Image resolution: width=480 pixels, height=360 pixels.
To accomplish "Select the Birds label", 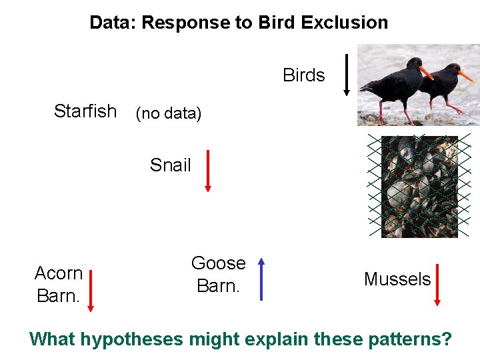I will click(x=304, y=75).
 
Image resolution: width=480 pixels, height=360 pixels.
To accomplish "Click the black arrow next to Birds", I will click(x=346, y=75).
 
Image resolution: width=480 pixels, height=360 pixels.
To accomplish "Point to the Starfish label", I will click(x=85, y=111).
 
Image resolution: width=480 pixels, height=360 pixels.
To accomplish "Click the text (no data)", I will click(x=168, y=113).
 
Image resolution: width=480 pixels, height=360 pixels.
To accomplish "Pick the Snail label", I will click(x=170, y=165).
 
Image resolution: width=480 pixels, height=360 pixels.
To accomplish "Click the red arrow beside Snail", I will click(x=208, y=171).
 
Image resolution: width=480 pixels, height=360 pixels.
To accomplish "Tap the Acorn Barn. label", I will click(x=59, y=284).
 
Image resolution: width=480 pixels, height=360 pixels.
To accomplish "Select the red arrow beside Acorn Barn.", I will click(x=91, y=290).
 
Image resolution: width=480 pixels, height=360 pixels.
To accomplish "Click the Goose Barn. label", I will click(x=218, y=275).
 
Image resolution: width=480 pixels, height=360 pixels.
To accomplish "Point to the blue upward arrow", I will click(x=261, y=280).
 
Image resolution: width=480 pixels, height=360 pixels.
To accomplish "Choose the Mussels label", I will click(x=397, y=279).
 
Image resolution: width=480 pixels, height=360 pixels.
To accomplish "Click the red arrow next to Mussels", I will click(x=437, y=285).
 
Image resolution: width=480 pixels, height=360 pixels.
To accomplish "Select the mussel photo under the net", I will click(x=419, y=187).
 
